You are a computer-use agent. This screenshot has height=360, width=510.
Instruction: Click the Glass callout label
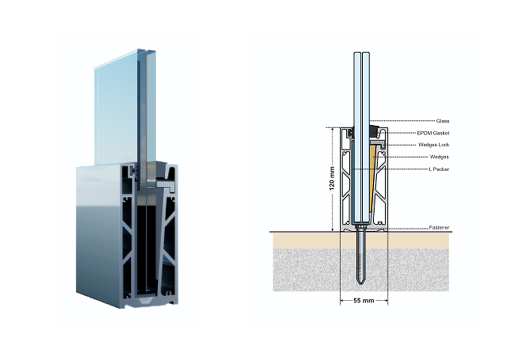pyautogui.click(x=442, y=121)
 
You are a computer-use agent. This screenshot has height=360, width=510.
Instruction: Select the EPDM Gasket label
pyautogui.click(x=433, y=133)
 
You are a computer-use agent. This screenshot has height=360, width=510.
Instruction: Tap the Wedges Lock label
pyautogui.click(x=434, y=145)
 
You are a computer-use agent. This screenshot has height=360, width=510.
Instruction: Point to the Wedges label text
pyautogui.click(x=439, y=157)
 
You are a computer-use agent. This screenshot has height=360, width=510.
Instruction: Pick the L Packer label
pyautogui.click(x=439, y=169)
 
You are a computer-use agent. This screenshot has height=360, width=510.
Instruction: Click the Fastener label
pyautogui.click(x=439, y=228)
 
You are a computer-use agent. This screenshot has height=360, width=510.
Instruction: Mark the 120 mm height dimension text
pyautogui.click(x=332, y=179)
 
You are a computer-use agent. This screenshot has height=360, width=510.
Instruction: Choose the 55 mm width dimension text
pyautogui.click(x=364, y=300)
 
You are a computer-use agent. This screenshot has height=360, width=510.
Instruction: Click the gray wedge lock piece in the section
pyautogui.click(x=377, y=143)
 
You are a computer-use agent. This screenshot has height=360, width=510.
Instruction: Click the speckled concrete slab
pyautogui.click(x=361, y=270)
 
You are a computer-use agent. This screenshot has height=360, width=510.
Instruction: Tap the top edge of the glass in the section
pyautogui.click(x=361, y=52)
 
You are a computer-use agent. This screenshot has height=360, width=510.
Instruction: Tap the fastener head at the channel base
pyautogui.click(x=361, y=225)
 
